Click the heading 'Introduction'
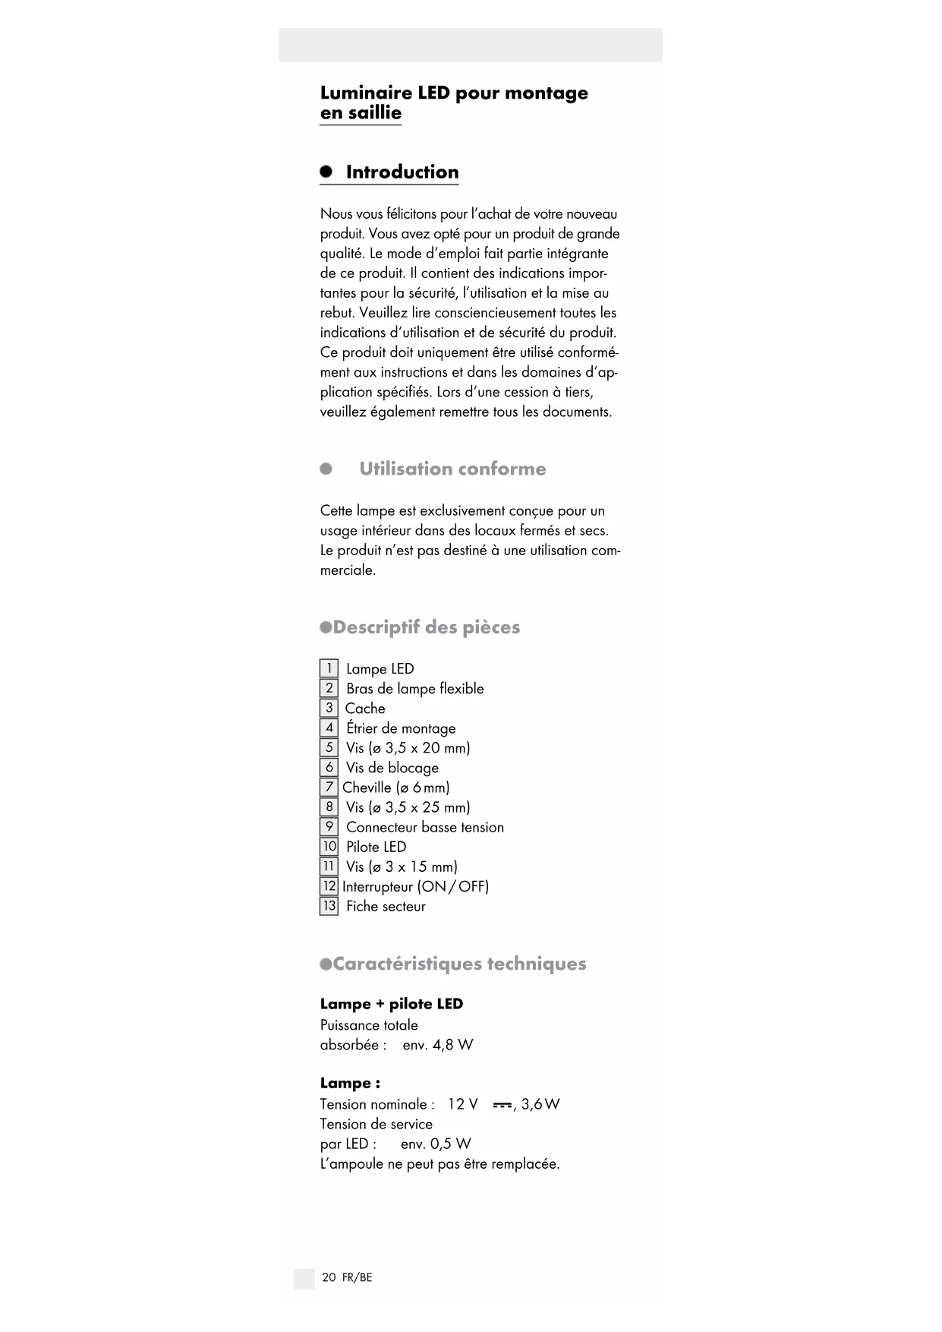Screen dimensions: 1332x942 point(402,172)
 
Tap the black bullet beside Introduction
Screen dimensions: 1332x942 point(326,171)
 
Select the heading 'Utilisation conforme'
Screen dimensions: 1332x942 point(452,469)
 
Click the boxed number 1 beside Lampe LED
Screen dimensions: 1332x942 point(329,668)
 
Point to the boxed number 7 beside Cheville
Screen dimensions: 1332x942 point(329,787)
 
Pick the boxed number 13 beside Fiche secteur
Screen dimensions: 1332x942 point(329,906)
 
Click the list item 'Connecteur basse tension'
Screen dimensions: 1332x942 point(424,827)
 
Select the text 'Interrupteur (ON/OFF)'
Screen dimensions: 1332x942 point(415,886)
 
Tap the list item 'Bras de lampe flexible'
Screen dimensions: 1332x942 point(414,689)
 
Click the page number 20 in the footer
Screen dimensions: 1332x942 point(329,1277)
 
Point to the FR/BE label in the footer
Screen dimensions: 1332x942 point(358,1277)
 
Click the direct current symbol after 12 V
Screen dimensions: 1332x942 point(502,1105)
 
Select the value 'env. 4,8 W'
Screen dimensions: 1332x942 point(437,1045)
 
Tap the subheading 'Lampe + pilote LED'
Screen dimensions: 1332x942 point(391,1004)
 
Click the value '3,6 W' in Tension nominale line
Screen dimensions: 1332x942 point(540,1104)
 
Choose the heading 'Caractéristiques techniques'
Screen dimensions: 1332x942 point(459,964)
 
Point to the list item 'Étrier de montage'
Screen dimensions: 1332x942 point(401,728)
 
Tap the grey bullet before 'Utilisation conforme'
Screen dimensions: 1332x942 point(326,469)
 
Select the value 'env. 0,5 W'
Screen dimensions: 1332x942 point(436,1144)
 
